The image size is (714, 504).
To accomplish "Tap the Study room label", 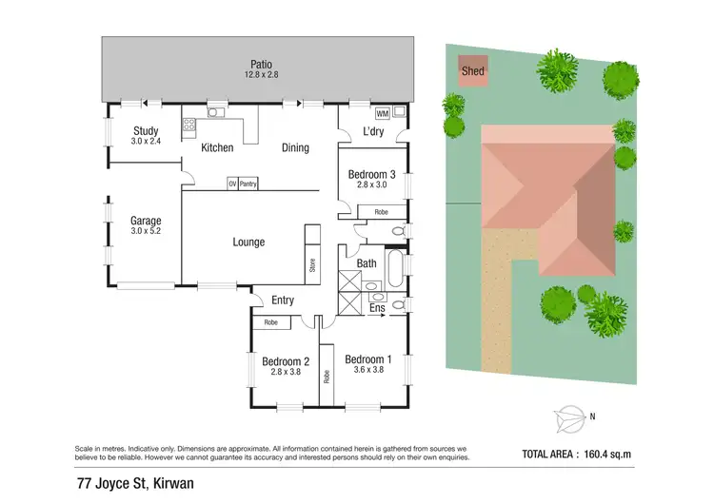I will tap(145, 131).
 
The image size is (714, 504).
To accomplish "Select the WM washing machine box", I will tap(382, 112).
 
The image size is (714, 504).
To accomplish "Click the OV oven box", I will tap(231, 184).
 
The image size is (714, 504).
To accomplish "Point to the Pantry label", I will tap(248, 184).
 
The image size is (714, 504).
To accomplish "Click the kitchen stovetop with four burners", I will tap(189, 124).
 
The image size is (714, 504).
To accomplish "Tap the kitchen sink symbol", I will tap(217, 113).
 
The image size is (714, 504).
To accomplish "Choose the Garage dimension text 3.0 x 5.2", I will tap(146, 233).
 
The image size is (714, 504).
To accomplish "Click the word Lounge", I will tap(248, 242).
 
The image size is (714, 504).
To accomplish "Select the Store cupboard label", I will tap(312, 266).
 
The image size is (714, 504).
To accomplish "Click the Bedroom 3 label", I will tap(371, 175).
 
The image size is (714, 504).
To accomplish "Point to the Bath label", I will tap(367, 263).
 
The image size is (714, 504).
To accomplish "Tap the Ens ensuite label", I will tap(376, 308).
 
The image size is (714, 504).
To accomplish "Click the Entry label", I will tap(283, 300).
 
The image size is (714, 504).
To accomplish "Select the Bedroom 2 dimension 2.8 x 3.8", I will tap(287, 374).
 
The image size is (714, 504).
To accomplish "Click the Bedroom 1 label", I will tap(368, 359).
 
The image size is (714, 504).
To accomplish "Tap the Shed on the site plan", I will tap(472, 71).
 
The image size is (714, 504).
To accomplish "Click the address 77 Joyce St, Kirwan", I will tap(135, 482).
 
